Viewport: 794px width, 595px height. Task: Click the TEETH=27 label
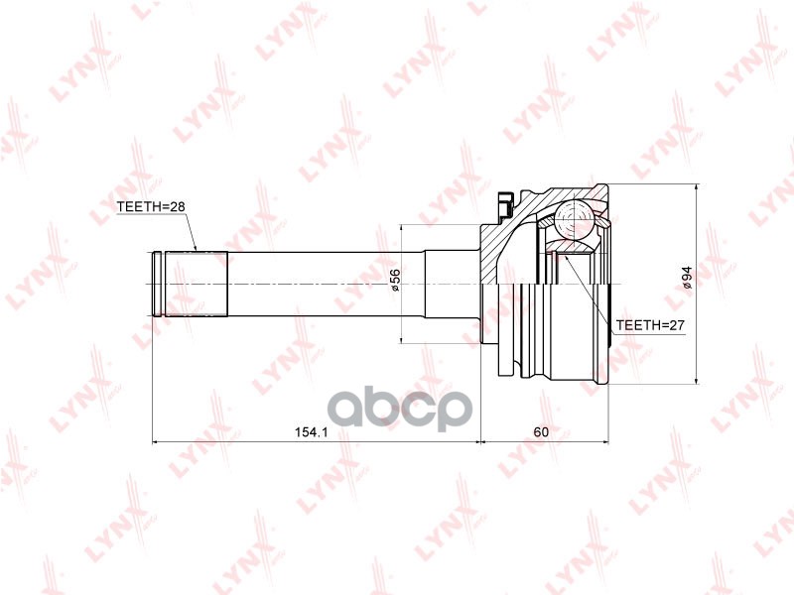coord(650,325)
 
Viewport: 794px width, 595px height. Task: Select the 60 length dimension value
coord(541,432)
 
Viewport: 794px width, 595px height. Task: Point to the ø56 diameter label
coord(394,280)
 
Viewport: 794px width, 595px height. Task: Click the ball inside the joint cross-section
coord(574,219)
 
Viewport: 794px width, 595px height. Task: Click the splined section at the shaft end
coord(196,284)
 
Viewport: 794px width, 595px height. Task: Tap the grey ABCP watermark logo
coord(400,408)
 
